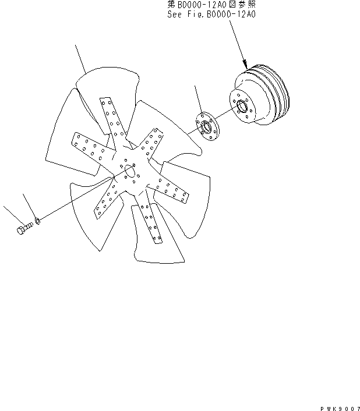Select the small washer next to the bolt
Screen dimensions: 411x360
point(37,221)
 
